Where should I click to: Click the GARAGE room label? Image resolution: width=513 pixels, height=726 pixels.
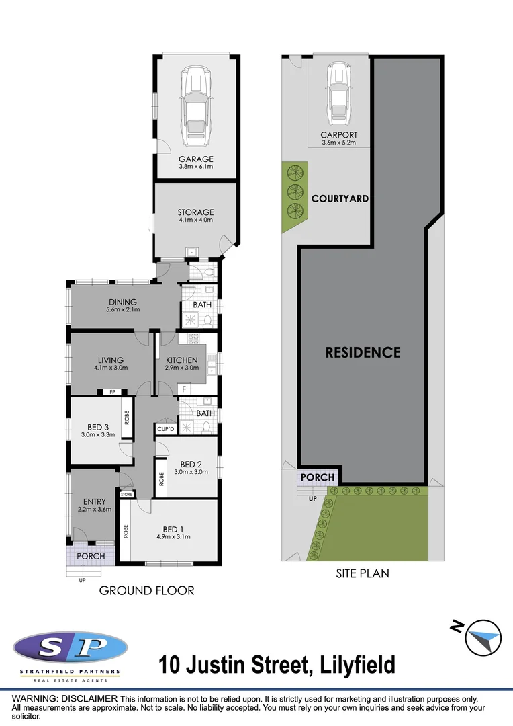[195, 159]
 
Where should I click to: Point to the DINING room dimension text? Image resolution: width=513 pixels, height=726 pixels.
[122, 310]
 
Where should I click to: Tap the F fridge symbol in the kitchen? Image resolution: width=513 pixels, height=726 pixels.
[183, 389]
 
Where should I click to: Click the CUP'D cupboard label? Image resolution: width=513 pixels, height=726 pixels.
[165, 429]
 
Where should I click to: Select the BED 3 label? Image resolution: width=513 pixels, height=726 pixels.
[98, 427]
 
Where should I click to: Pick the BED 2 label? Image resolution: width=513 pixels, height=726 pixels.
[191, 464]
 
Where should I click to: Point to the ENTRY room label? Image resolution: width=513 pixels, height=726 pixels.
[95, 501]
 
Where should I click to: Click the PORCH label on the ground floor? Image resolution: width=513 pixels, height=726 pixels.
[90, 556]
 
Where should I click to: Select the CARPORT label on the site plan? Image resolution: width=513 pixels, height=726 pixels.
[339, 135]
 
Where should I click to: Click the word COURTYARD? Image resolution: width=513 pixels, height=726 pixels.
[340, 199]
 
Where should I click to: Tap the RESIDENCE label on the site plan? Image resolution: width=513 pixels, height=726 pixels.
[363, 352]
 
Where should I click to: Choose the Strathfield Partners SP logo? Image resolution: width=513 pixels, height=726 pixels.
[70, 649]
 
